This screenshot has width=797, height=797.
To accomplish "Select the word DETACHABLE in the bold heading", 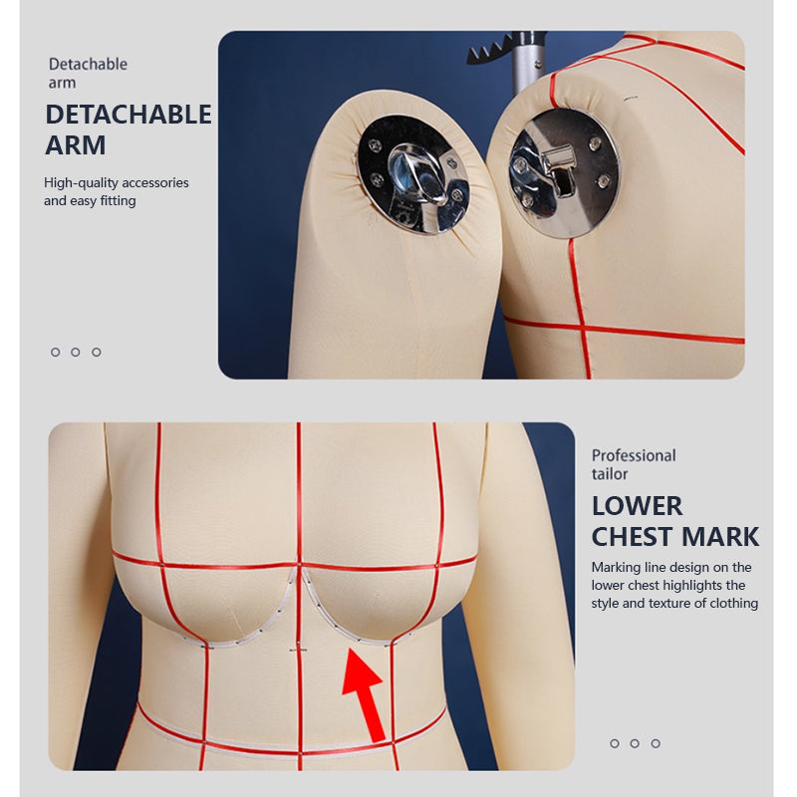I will [129, 115].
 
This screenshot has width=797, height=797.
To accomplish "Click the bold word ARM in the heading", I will [75, 145].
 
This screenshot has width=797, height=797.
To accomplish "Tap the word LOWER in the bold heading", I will [637, 505].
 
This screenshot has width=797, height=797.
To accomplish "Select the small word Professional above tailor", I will [634, 455].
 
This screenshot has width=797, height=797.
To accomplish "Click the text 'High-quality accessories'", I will [116, 182].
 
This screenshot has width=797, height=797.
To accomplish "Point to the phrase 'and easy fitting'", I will [90, 200].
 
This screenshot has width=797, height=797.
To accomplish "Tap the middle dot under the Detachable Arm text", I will [76, 352].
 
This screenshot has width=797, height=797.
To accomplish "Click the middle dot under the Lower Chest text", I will [635, 743].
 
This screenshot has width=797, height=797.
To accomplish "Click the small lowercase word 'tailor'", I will [610, 474].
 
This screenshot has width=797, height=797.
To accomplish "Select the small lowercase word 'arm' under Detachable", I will [62, 83].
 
